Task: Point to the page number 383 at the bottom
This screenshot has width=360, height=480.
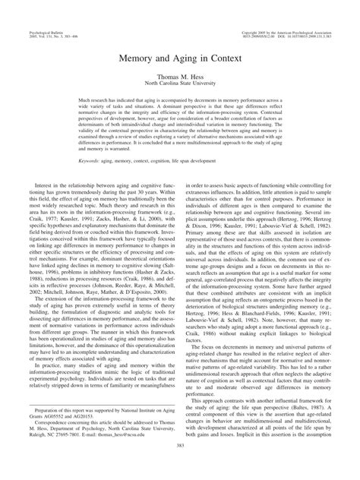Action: (180, 465)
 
